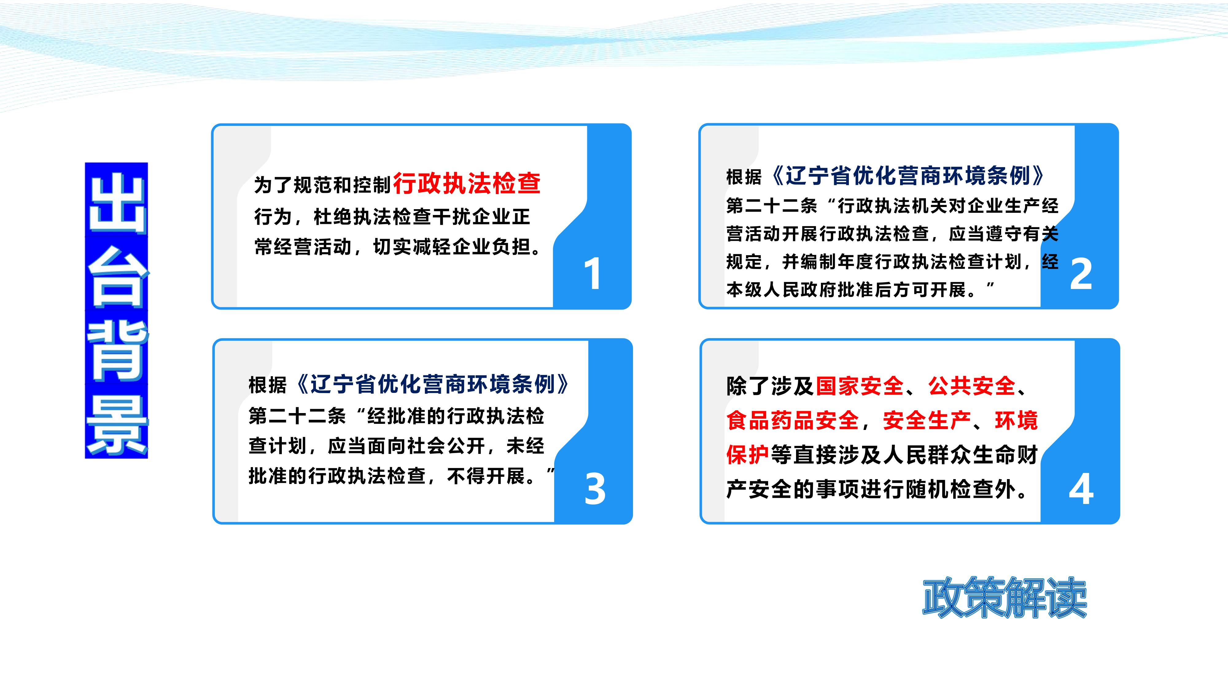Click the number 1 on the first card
coord(593,273)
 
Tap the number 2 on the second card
coord(1081,274)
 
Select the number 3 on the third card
coord(595,489)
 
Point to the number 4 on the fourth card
coord(1081,489)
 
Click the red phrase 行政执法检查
coord(467,184)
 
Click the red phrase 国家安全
coord(860,386)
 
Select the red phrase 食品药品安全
coord(792,421)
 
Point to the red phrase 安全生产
coord(927,421)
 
